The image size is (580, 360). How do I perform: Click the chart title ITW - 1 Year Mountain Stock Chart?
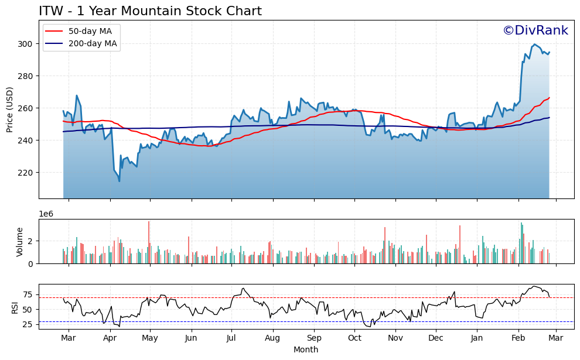(x=150, y=11)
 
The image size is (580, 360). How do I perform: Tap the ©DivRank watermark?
(x=535, y=30)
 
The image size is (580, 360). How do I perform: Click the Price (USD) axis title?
(x=10, y=109)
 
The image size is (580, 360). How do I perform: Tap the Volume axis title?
(x=19, y=242)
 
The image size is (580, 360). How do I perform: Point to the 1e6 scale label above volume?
(x=47, y=214)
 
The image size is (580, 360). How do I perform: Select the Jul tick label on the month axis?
(x=231, y=338)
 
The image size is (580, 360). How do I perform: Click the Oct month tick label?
(x=354, y=338)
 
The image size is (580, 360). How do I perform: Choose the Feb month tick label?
(x=518, y=338)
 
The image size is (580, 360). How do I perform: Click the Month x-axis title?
(x=306, y=349)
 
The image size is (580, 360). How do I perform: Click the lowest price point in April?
(x=120, y=181)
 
